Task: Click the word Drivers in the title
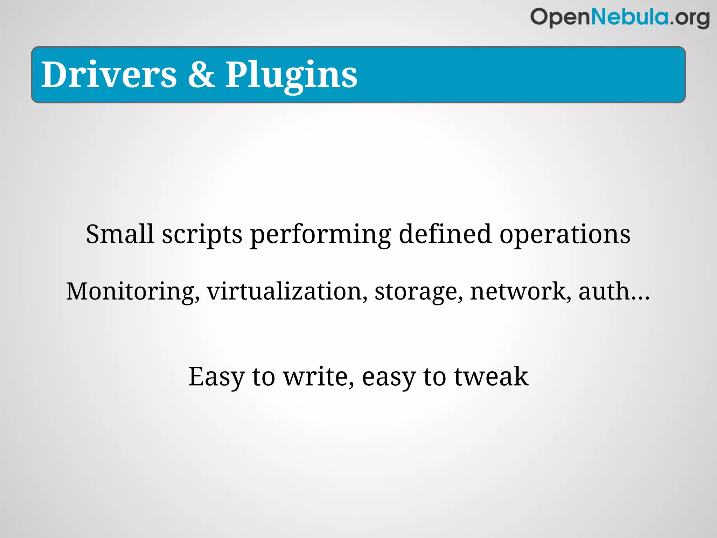coord(109,74)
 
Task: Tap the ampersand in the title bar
coord(201,74)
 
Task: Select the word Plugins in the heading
coord(291,75)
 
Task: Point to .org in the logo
coord(690,19)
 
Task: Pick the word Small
coord(120,234)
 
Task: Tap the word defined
coord(445,234)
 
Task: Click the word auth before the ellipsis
coord(604,291)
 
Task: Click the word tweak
coord(491,377)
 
